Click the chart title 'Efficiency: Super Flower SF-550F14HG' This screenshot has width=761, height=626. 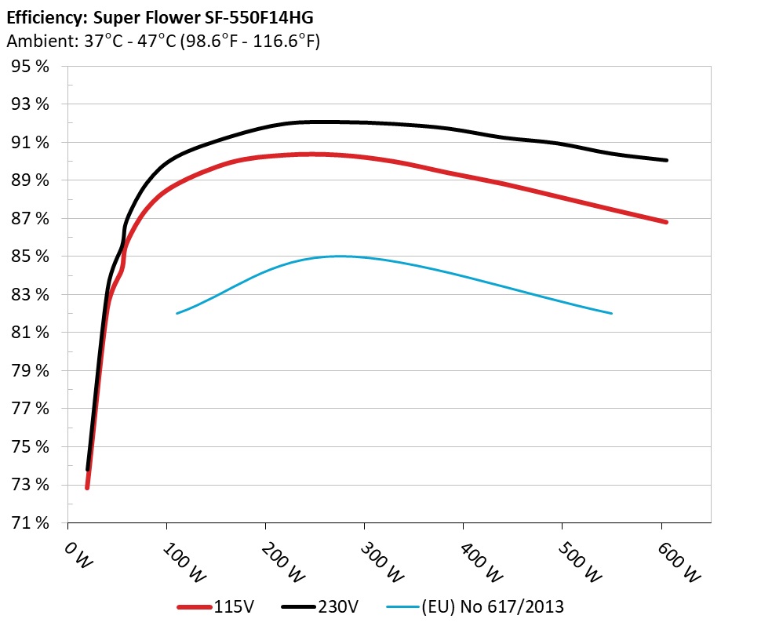point(154,16)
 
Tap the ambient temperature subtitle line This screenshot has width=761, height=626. point(162,42)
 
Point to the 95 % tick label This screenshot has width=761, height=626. point(31,67)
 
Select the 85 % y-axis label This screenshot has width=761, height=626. point(31,257)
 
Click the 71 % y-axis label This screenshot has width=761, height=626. point(31,523)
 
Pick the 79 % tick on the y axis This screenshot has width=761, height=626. point(31,371)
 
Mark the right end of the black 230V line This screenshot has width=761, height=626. point(666,160)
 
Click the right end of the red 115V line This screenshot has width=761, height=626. point(666,222)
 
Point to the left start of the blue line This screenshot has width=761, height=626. point(177,314)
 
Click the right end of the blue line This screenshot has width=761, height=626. point(611,314)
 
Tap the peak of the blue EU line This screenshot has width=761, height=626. point(340,256)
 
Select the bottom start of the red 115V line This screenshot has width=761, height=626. point(87,487)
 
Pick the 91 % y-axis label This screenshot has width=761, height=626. point(31,143)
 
